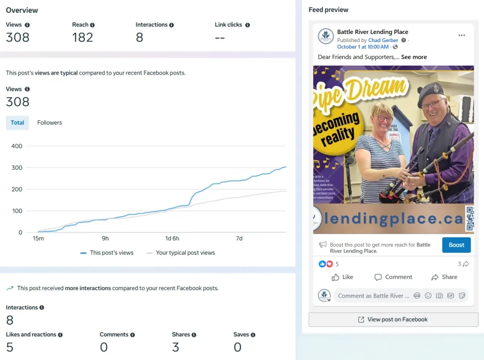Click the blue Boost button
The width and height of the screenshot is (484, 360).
coord(456,245)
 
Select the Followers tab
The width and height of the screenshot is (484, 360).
coord(50,123)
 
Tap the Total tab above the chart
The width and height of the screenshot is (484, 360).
coord(17,123)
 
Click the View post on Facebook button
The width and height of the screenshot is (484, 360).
coord(393,320)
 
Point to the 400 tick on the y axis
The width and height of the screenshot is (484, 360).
coord(17,146)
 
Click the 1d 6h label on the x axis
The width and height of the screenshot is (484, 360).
coord(172,239)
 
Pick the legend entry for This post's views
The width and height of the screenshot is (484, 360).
coord(107,253)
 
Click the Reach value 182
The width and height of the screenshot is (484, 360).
coord(83,38)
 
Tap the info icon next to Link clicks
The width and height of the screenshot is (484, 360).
coord(248,25)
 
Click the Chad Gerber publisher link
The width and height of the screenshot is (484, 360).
coord(383,41)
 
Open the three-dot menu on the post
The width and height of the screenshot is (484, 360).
coord(462,35)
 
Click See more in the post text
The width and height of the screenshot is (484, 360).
coord(414,57)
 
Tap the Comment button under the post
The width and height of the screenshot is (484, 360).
coord(393,277)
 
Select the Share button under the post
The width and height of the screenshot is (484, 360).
coord(444,277)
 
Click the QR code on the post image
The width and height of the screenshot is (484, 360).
coord(469,219)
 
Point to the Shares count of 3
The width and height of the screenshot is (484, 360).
coord(175,348)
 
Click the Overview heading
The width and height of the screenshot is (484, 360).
coord(22,10)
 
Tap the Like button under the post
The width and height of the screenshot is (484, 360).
coord(343,277)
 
